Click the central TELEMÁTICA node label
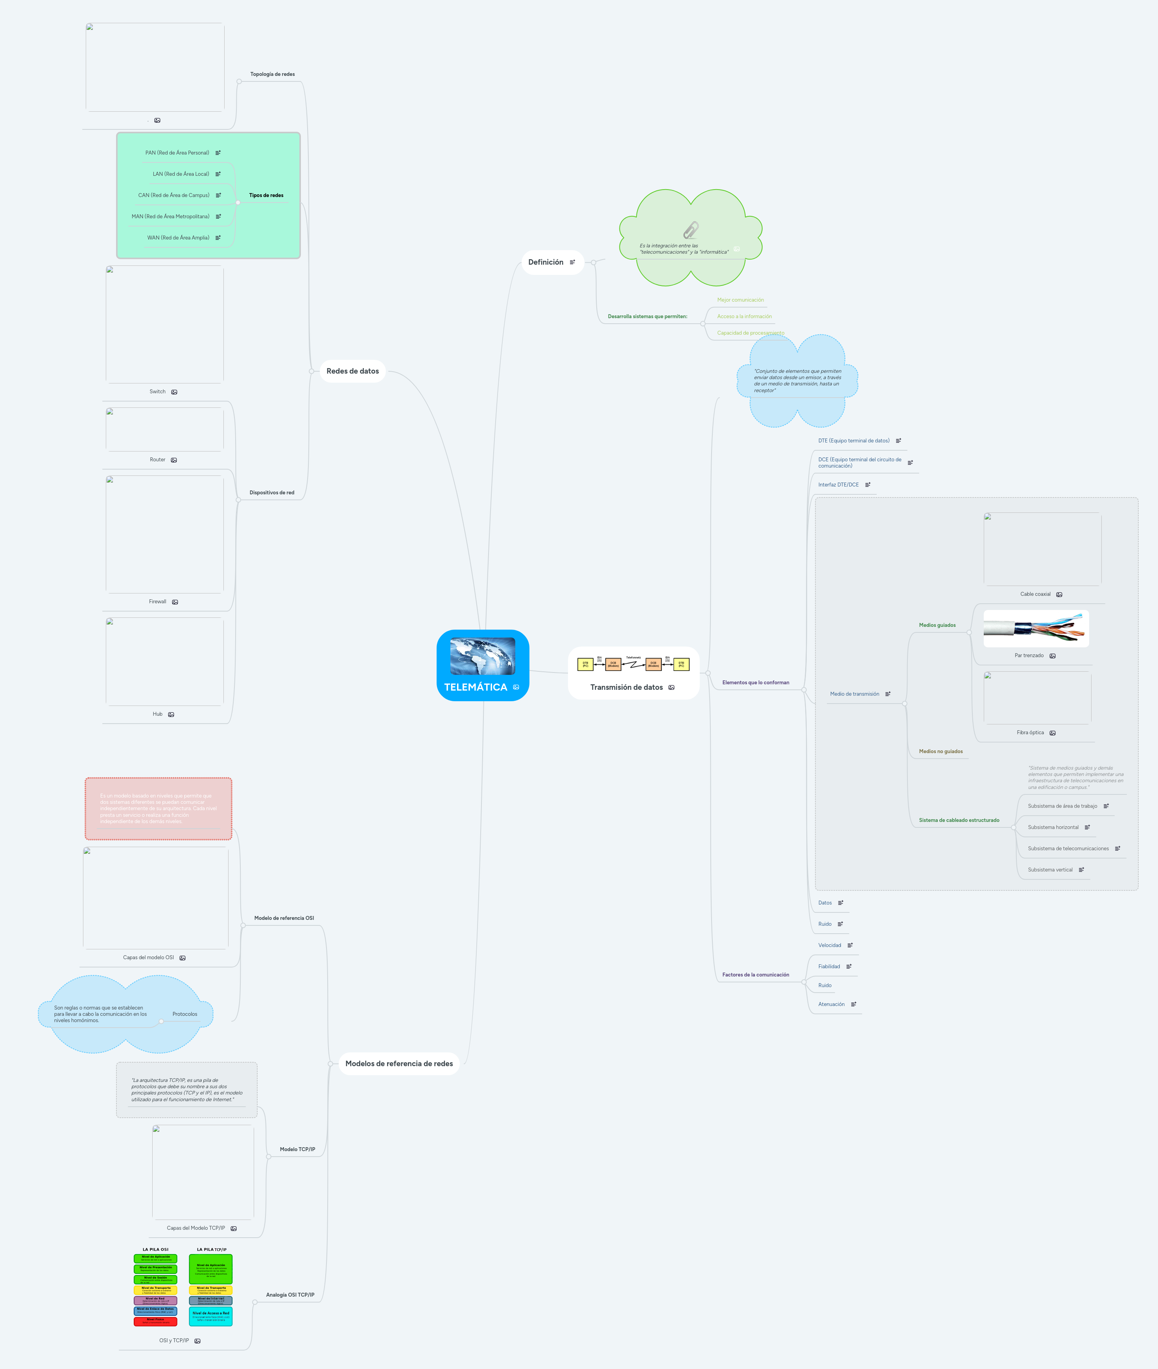(475, 687)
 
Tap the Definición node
(546, 262)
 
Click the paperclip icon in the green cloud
(691, 230)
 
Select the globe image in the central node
(483, 656)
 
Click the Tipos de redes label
(266, 195)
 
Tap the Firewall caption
(158, 602)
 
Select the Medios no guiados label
(941, 752)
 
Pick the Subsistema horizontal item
(1053, 827)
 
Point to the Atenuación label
(831, 1004)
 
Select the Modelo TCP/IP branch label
(297, 1149)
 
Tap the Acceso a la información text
(744, 316)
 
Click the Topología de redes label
(273, 75)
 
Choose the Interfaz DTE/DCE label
(838, 485)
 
